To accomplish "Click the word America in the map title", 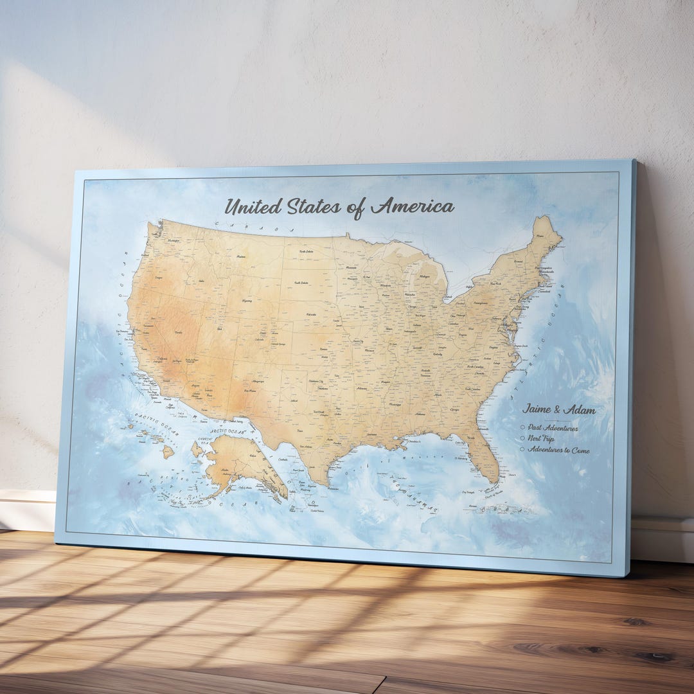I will coord(413,206).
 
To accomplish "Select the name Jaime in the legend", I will coord(537,409).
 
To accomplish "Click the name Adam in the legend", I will coord(580,410).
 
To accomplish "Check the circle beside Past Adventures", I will coord(523,427).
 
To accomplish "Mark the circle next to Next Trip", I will coord(523,438).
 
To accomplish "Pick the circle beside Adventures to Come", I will coord(523,449).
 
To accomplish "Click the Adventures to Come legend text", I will coord(558,450).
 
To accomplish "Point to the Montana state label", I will coord(242,256).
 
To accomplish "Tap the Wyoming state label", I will coord(246,300).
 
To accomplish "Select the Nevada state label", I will coord(178,332).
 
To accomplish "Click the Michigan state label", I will coord(425,276).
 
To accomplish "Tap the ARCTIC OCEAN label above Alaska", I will coord(228,432).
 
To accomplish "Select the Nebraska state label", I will coord(311,314).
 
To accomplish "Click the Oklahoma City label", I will coord(317,381).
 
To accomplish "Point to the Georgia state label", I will coord(455,409).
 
